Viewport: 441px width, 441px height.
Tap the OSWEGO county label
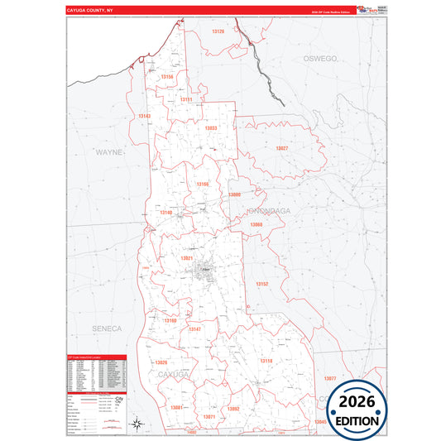click(321, 59)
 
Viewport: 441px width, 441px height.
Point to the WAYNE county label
click(108, 152)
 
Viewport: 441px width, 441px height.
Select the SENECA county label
click(107, 328)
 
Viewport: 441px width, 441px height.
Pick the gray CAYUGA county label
click(175, 375)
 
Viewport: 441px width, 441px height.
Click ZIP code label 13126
click(218, 31)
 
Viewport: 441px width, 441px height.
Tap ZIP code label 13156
click(167, 76)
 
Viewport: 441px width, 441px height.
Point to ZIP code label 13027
click(282, 148)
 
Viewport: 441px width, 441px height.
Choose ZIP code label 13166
click(202, 184)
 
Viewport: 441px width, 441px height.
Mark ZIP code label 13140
click(165, 213)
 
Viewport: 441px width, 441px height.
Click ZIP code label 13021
click(187, 259)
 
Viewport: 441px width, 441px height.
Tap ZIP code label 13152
click(261, 284)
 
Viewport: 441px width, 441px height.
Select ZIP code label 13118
click(266, 361)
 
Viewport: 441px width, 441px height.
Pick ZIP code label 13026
click(161, 362)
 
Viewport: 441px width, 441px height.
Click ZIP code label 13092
click(233, 409)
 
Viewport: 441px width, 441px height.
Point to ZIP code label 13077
click(330, 378)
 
